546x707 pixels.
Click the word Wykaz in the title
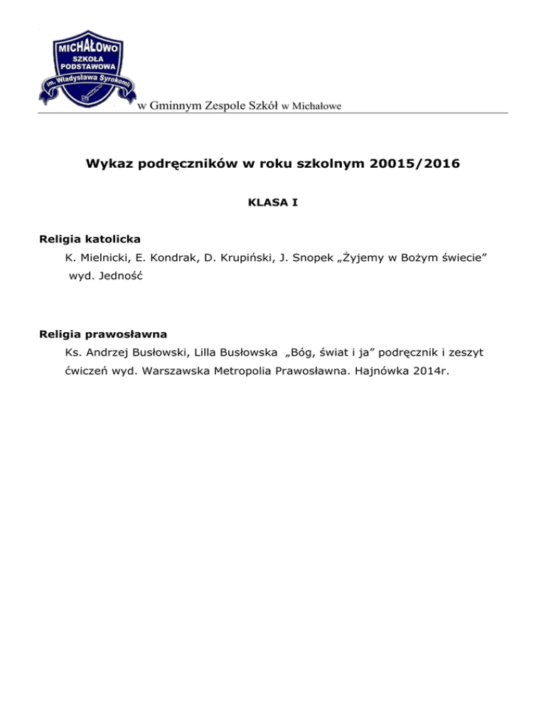coord(108,164)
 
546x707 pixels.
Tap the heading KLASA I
coord(273,203)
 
